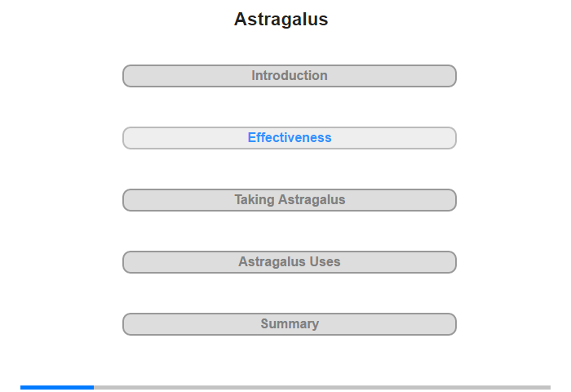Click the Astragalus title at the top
281,20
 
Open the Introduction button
290,76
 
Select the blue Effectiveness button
290,138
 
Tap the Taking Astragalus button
290,200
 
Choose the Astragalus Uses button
290,262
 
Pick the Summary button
290,324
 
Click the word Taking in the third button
255,200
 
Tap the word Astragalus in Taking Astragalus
312,201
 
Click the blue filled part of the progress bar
57,387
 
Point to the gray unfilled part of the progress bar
322,387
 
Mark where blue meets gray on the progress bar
94,387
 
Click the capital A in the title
241,20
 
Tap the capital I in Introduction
254,75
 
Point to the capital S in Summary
265,323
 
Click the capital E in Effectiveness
252,137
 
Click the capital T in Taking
238,199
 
